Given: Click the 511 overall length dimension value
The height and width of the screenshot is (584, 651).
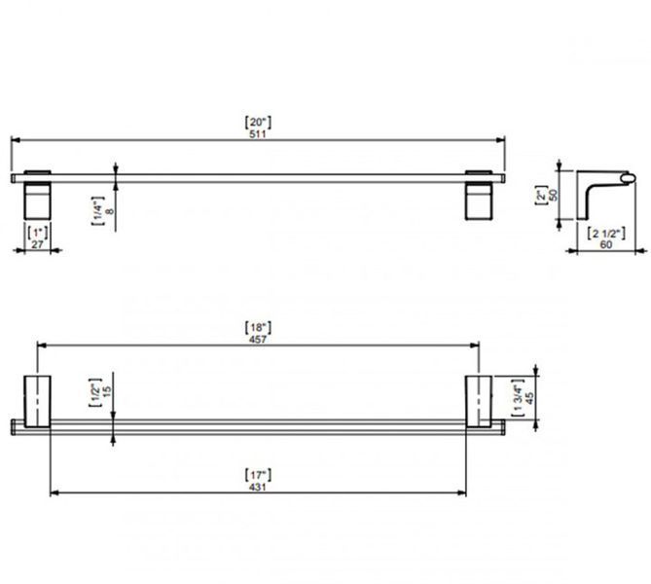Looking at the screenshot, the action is point(258,134).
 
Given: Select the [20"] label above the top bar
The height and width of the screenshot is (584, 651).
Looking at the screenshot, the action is point(258,122).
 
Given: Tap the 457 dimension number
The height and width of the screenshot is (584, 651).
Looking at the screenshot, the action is point(258,340).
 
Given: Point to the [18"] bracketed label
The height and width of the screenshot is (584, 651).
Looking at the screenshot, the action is point(258,327).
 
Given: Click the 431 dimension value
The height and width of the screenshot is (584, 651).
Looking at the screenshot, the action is point(258,487).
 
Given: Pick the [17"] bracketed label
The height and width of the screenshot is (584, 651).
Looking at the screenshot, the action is point(258,475).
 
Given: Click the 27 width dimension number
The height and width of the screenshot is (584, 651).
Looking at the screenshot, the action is point(37,244).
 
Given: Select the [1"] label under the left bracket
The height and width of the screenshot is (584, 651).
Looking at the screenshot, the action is point(37,233).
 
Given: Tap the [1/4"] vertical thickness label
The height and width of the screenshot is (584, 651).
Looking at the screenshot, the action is point(98,211).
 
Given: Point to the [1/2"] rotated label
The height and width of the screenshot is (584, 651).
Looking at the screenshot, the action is point(95,392).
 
